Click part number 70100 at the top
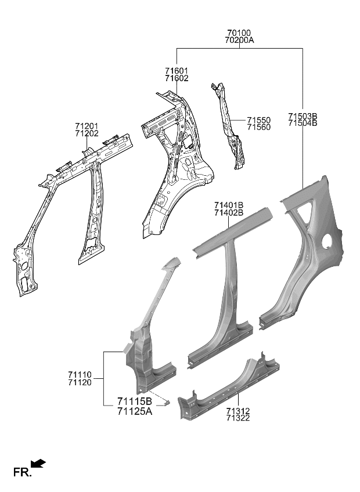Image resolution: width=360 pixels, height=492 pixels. coord(239,33)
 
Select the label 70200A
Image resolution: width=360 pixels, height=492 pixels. coord(239,41)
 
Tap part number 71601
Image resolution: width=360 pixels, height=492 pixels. coord(176,71)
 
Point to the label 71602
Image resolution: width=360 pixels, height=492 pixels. coord(176,78)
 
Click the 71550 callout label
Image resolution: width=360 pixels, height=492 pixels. coord(258,120)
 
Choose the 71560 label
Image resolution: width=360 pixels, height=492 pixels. coord(258,128)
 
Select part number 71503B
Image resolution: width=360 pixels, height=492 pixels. coord(303,116)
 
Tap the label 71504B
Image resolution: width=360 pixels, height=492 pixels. coord(303,124)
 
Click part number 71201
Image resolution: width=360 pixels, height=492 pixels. coord(86,126)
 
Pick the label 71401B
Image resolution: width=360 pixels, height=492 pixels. coord(228,205)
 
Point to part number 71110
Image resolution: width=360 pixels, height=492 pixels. coord(80,375)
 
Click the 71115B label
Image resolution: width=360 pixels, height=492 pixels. coord(134,401)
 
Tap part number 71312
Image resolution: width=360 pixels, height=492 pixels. coord(238,411)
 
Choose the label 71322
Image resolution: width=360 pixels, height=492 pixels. coord(238,418)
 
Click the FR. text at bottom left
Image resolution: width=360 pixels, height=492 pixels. coord(21,473)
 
